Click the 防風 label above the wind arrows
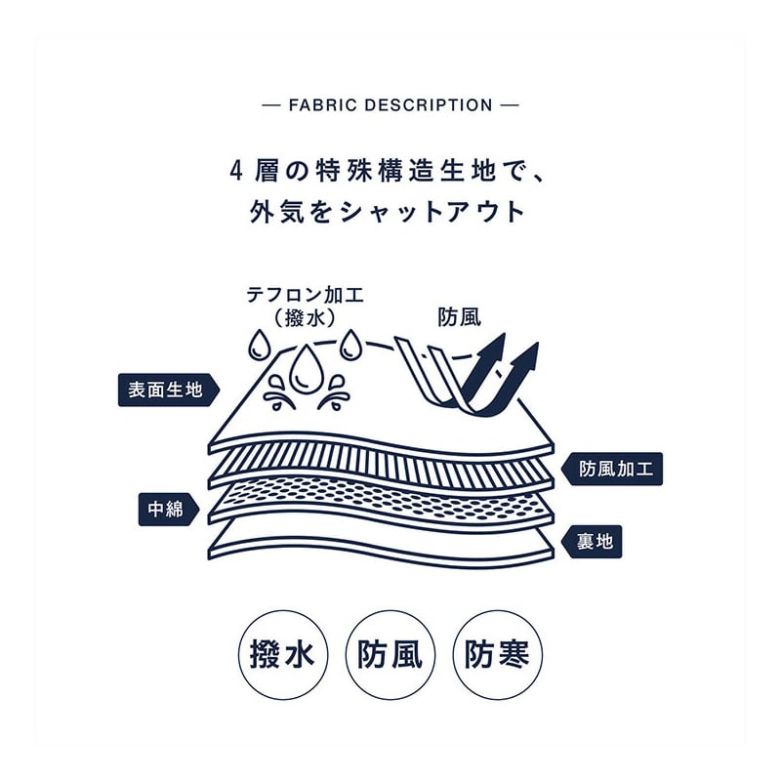click(x=459, y=317)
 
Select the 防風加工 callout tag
click(x=614, y=469)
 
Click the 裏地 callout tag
click(x=594, y=539)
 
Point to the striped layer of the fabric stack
click(x=381, y=467)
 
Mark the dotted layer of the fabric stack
click(x=381, y=500)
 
